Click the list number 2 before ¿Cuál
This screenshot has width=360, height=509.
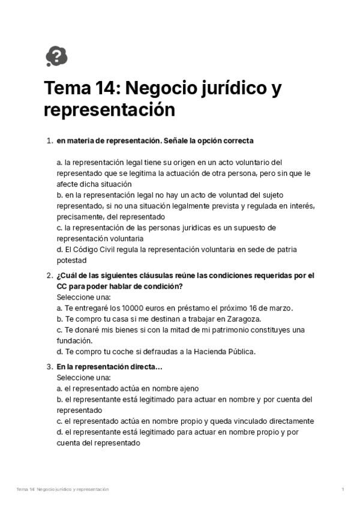[x=49, y=276]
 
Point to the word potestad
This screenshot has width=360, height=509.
[x=72, y=260]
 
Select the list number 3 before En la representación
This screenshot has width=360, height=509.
[x=49, y=367]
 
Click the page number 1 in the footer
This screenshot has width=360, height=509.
[x=342, y=490]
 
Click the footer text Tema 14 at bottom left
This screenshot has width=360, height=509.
[x=25, y=490]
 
